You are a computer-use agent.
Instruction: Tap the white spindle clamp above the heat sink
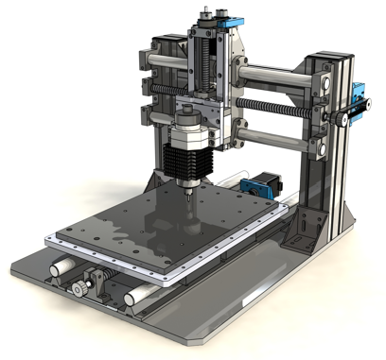click(188, 124)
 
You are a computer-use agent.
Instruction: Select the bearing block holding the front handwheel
click(96, 281)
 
